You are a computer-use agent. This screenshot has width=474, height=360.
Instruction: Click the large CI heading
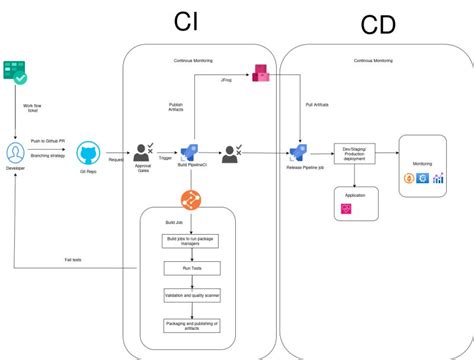pos(188,23)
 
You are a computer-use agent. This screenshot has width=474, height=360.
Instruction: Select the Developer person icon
pos(16,151)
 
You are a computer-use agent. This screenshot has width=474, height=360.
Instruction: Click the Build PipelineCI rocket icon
pos(187,151)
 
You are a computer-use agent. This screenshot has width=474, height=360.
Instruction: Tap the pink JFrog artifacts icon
pos(261,72)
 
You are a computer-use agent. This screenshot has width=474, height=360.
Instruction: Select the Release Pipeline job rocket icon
pos(298,152)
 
